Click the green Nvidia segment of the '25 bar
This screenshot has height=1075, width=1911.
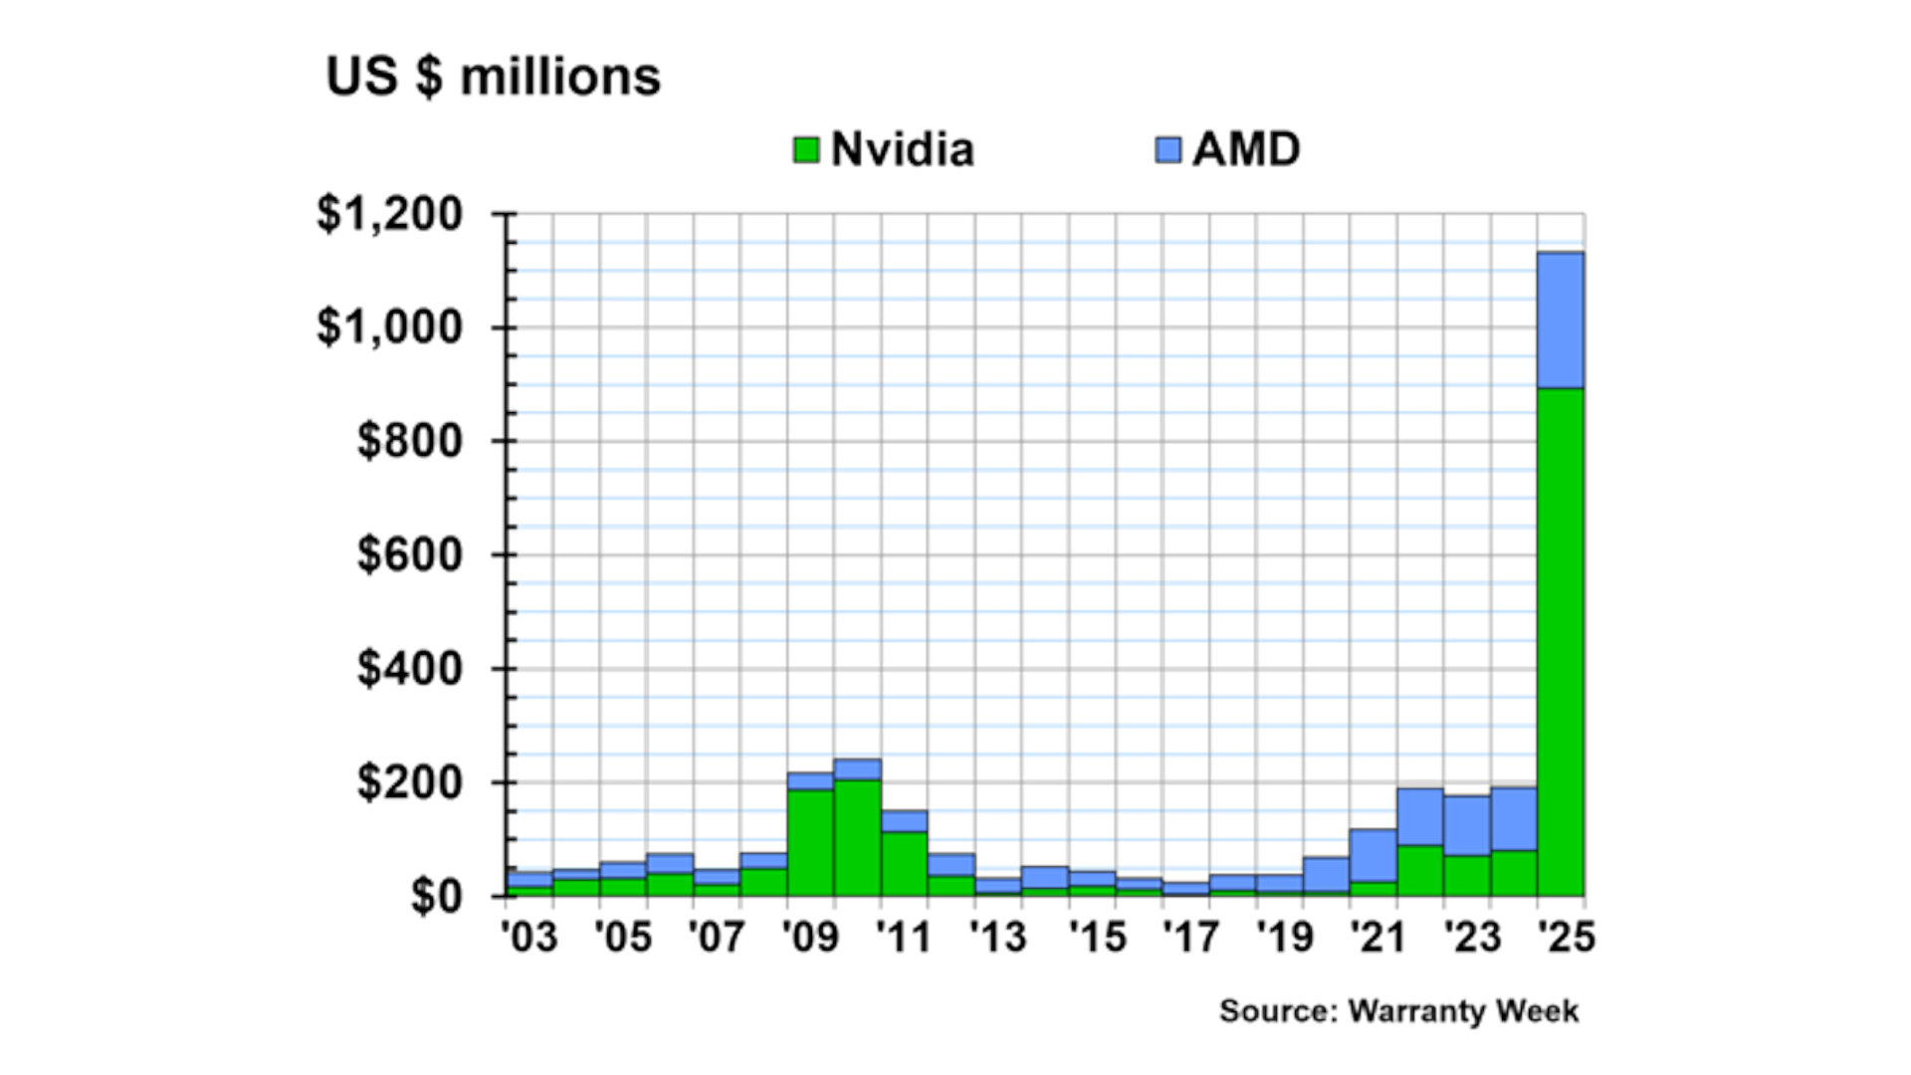coord(1561,642)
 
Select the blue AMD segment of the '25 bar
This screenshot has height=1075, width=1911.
coord(1561,320)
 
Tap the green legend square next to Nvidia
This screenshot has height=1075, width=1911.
coord(806,150)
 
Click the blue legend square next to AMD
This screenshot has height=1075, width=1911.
coord(1168,150)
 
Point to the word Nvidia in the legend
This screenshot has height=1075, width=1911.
coord(902,150)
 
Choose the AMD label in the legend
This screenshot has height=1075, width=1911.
coord(1246,150)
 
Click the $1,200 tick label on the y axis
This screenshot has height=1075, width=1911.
coord(390,214)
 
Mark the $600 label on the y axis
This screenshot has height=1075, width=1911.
coord(410,554)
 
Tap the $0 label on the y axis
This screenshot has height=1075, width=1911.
coord(436,896)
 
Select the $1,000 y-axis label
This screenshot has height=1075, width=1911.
coord(390,327)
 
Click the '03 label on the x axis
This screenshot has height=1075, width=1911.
coord(529,937)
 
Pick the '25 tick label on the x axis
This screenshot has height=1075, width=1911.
coord(1566,937)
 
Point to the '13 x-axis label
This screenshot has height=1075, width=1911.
coord(997,937)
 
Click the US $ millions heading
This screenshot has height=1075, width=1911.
coord(494,77)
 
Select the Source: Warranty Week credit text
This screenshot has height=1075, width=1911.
coord(1398,1011)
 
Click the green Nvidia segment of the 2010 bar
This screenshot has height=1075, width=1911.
coord(857,837)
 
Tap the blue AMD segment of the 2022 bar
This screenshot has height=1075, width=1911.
coord(1419,817)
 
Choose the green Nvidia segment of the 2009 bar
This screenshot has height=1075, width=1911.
coord(810,842)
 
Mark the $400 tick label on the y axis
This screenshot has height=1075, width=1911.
coord(410,668)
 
